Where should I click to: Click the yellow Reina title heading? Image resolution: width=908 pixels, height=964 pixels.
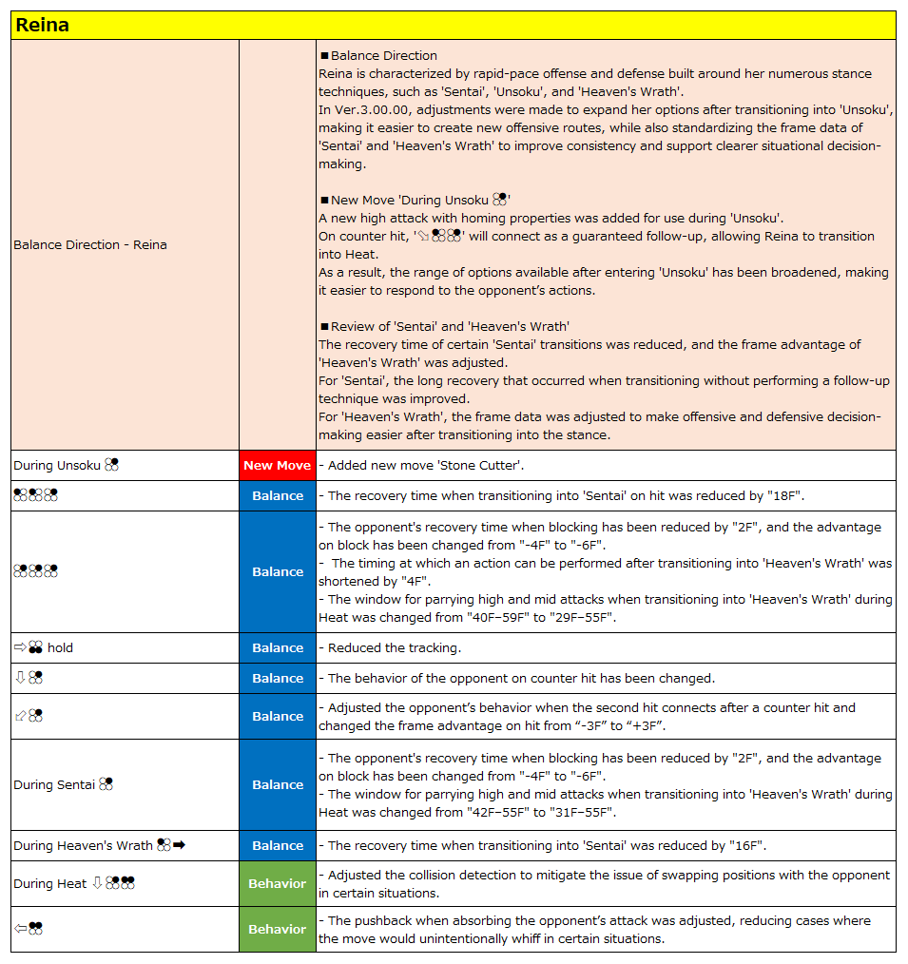tap(43, 26)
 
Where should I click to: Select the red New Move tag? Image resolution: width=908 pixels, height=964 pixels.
tap(277, 465)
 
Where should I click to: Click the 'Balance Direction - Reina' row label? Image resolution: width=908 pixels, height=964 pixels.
tap(90, 244)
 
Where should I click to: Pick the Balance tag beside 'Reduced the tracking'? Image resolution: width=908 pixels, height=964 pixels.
tap(277, 647)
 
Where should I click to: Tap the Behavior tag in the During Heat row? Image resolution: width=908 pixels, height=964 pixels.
tap(277, 883)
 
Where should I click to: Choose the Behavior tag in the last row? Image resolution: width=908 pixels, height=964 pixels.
tap(277, 929)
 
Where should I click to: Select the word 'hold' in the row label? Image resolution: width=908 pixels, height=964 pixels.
tap(60, 647)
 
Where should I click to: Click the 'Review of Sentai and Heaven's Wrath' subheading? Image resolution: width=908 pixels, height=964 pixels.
tap(450, 326)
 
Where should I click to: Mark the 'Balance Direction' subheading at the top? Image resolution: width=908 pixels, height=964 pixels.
tap(384, 55)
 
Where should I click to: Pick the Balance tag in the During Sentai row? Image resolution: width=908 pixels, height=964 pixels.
tap(277, 784)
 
